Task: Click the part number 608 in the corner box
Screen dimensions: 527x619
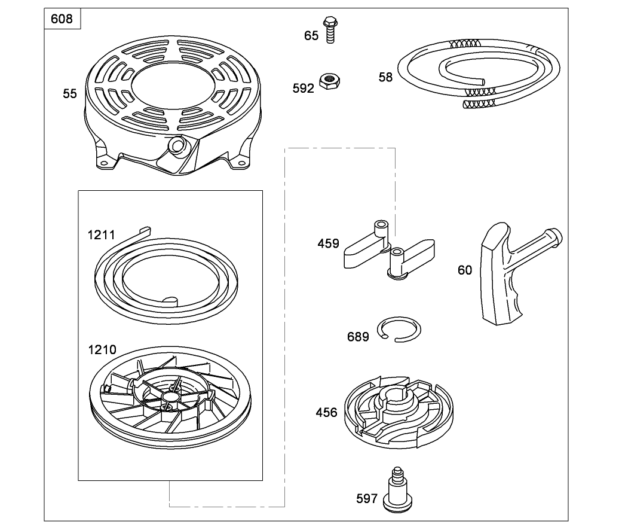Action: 62,19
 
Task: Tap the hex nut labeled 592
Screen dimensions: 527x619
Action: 327,80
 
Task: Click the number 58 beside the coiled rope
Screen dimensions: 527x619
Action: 385,77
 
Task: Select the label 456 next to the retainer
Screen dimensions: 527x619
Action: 326,412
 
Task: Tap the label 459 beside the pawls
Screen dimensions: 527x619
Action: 328,243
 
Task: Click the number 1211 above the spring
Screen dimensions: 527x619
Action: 101,235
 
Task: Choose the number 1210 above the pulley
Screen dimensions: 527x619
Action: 102,349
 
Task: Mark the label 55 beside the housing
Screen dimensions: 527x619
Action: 70,93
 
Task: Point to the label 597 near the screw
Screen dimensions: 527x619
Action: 366,498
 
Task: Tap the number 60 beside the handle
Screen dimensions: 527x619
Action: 465,270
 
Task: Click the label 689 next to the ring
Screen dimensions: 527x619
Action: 358,337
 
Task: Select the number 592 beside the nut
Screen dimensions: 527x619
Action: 303,89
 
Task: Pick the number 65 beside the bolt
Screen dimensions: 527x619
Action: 311,36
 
